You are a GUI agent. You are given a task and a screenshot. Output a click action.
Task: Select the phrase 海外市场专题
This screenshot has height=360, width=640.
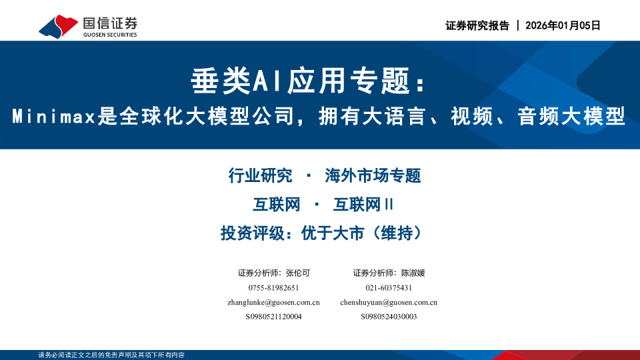tap(373, 176)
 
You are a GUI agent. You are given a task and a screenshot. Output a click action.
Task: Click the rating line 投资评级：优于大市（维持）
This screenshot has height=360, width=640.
tap(323, 233)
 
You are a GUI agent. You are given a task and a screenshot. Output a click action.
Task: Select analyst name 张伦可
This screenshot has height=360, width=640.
tap(297, 273)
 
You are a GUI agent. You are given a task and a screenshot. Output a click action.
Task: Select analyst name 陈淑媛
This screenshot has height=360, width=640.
tap(413, 273)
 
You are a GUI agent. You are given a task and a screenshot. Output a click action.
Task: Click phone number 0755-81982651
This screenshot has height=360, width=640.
tap(273, 287)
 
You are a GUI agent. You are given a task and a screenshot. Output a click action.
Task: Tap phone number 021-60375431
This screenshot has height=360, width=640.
tap(389, 287)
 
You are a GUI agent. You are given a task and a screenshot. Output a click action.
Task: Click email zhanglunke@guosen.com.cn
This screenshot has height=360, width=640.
tap(273, 302)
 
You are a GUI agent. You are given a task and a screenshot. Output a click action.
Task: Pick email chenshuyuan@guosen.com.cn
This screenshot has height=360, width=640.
tap(389, 302)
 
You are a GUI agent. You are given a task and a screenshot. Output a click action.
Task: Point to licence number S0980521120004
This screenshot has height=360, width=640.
tap(273, 317)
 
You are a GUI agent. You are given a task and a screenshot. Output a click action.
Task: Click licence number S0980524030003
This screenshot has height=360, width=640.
tap(389, 317)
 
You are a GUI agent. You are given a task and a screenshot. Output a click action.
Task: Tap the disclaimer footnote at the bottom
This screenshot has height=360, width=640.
tap(111, 355)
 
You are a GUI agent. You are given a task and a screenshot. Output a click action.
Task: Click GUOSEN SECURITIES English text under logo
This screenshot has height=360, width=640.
tap(110, 35)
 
